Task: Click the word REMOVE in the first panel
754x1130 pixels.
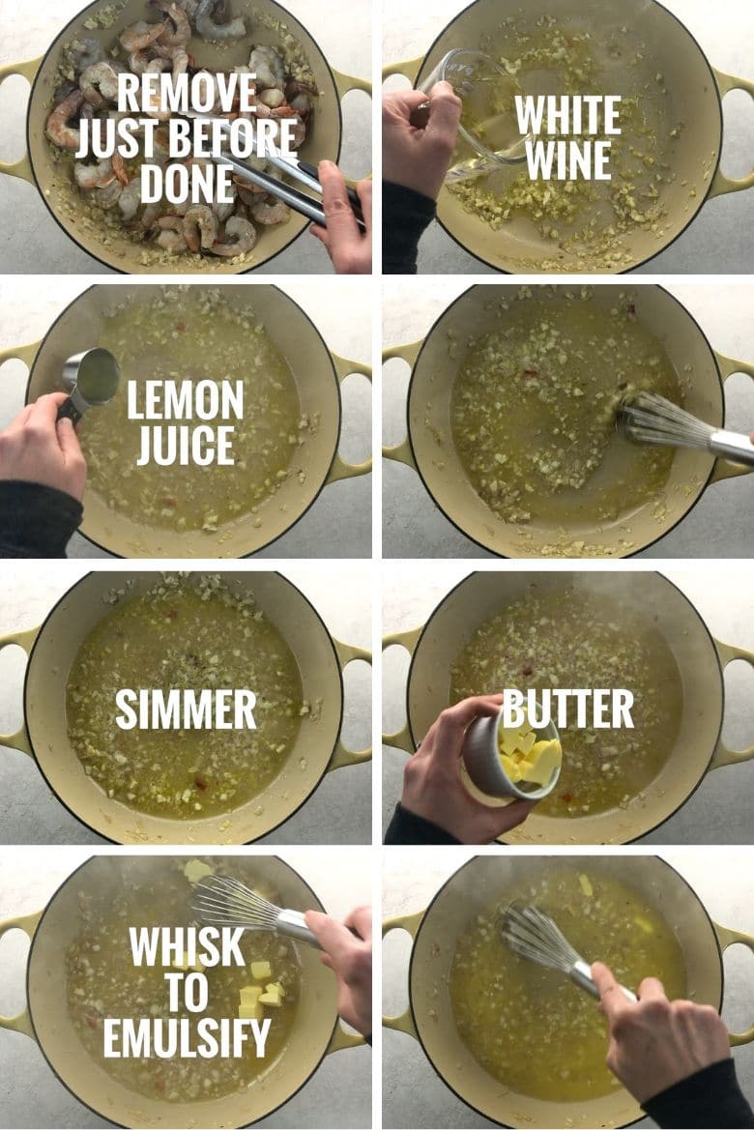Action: [188, 93]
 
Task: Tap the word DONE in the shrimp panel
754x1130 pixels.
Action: [187, 183]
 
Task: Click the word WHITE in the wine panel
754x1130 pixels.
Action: [567, 116]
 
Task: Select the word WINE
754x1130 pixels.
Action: [567, 159]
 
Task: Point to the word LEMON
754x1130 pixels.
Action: [186, 400]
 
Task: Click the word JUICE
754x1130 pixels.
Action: [186, 445]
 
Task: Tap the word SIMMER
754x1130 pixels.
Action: [186, 710]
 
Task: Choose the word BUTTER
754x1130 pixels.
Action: [568, 710]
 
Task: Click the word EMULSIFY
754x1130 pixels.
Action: [187, 1038]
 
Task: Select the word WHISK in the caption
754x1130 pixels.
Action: [188, 948]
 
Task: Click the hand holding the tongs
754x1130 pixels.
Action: [345, 217]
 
